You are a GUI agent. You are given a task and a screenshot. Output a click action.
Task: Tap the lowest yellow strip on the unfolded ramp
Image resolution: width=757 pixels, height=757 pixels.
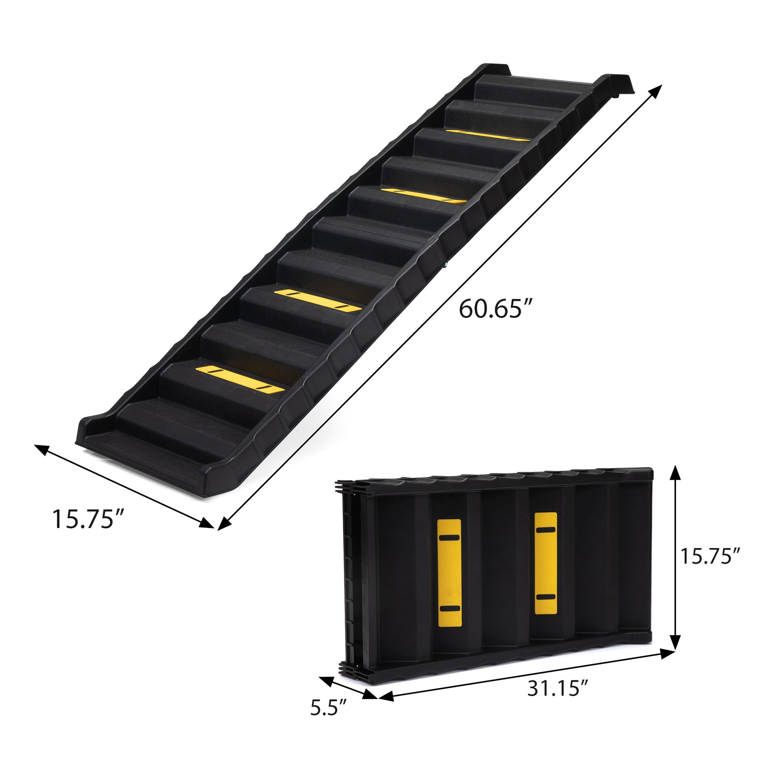(x=240, y=378)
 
